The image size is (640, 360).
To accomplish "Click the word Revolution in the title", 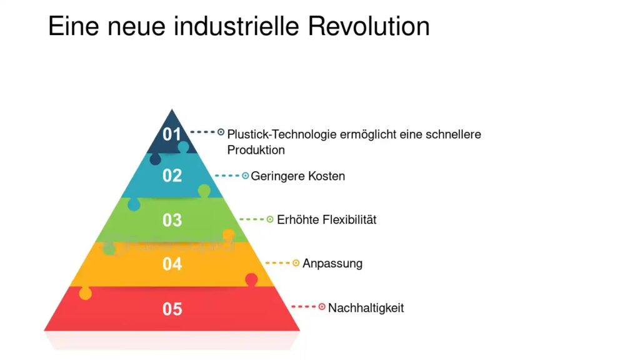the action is point(369,26).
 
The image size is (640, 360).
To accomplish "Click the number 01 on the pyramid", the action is point(172,134).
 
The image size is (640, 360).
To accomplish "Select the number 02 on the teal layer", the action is point(172,176).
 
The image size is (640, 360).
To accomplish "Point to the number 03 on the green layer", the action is point(172,220).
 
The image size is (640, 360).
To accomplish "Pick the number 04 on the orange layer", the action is point(172,264).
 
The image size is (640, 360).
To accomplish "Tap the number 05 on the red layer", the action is point(172,309).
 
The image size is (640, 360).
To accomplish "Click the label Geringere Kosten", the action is point(298,176).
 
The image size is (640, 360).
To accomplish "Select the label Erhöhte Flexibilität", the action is point(326,219).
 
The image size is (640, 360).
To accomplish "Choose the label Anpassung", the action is point(332,264).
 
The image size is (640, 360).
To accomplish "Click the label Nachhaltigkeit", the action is point(366,307).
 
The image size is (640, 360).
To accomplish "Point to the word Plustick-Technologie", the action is point(282,134).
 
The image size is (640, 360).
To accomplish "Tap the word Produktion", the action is point(256,150).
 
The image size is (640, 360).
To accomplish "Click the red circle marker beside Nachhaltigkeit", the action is point(322,306).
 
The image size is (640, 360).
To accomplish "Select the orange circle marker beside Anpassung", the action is point(296,263).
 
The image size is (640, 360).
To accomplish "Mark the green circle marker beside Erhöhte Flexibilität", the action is point(270,219).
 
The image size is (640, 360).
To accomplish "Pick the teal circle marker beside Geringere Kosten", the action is point(245,176).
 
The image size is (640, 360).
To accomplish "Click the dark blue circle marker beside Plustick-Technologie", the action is point(221,132).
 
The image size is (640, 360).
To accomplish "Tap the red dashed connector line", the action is point(303,306).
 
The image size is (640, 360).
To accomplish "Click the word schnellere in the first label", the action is point(454,134).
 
